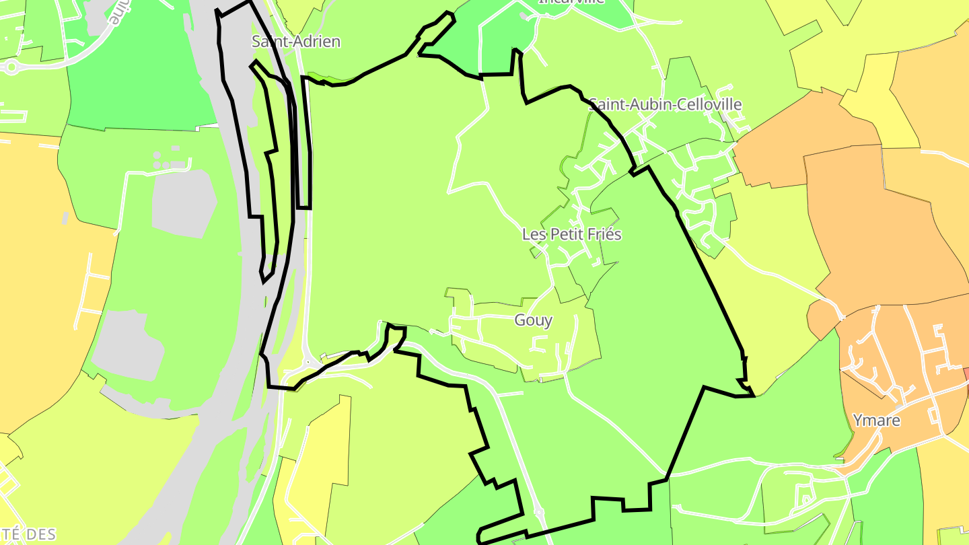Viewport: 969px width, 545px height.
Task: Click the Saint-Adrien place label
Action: tap(295, 41)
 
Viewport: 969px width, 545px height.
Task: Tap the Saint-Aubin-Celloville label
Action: tap(665, 104)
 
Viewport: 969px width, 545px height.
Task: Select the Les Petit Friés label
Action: tap(571, 234)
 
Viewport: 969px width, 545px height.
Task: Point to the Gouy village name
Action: tap(533, 320)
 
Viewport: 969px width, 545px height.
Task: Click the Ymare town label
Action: tap(876, 421)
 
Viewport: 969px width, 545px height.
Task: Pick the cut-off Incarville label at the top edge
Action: tap(571, 2)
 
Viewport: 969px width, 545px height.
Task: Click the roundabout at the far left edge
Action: tap(11, 67)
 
